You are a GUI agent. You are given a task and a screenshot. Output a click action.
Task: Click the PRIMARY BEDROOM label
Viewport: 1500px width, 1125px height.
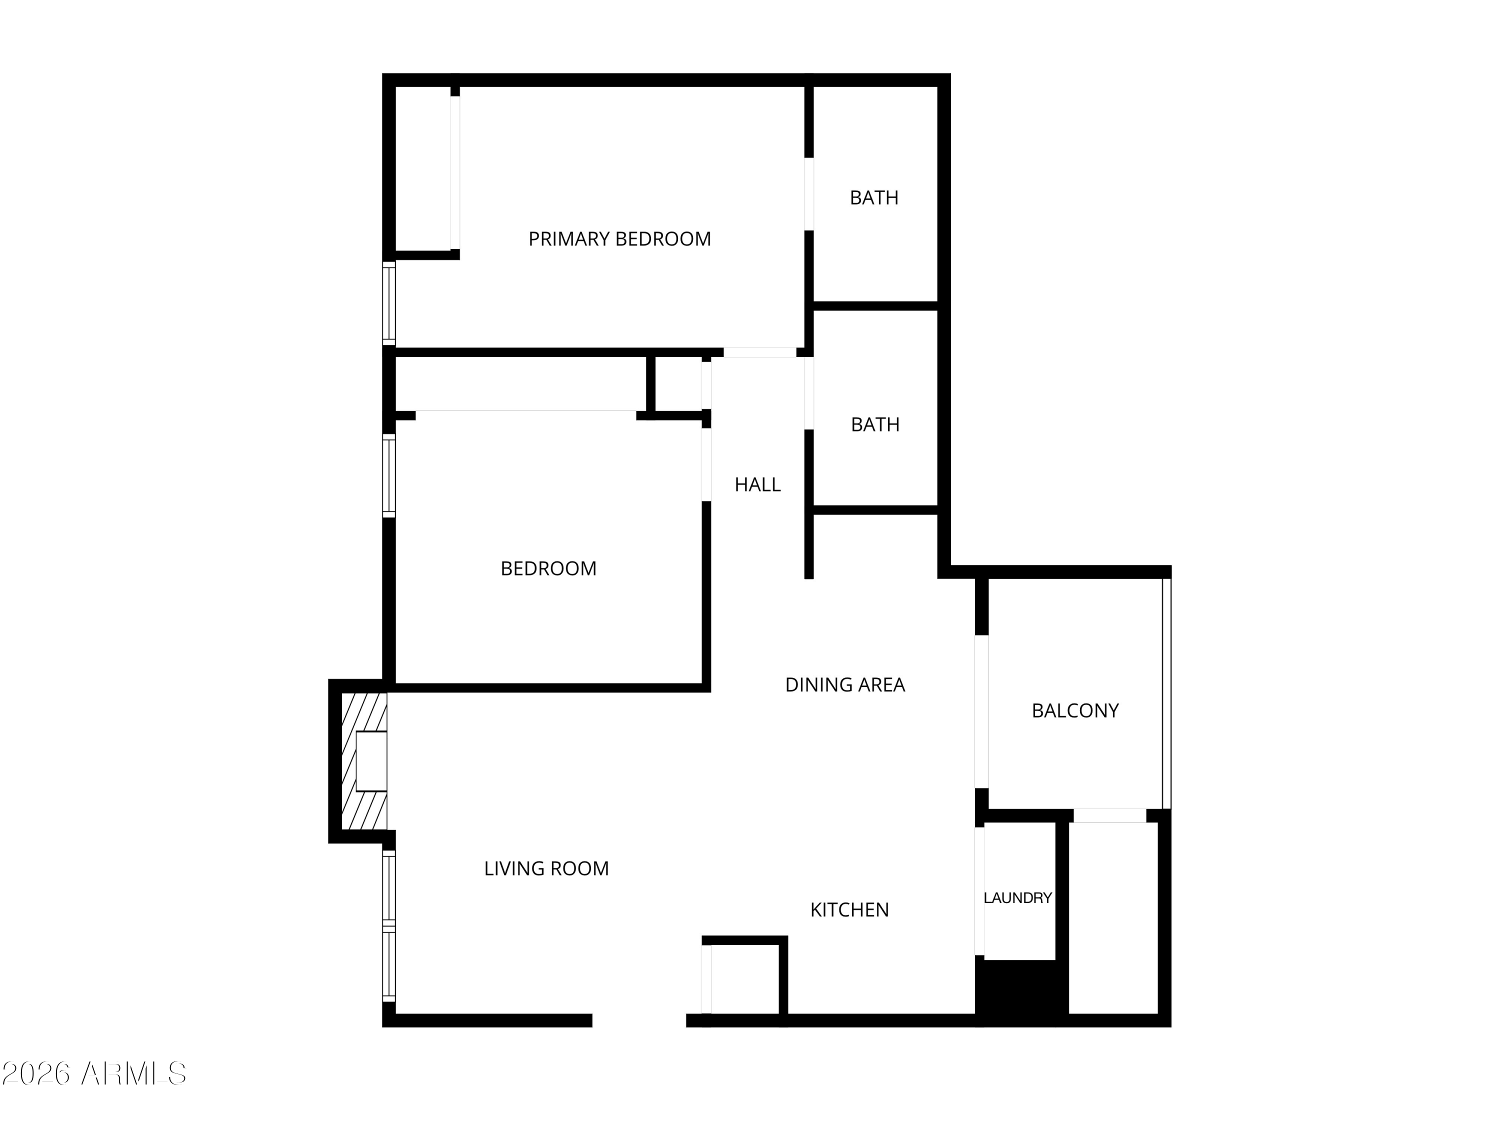tap(619, 238)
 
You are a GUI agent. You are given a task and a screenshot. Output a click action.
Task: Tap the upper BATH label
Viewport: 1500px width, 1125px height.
tap(874, 198)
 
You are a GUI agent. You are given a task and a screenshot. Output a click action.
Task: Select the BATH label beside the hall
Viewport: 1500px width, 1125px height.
tap(875, 424)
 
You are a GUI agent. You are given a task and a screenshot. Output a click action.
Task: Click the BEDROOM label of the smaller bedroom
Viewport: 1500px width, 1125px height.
tap(548, 568)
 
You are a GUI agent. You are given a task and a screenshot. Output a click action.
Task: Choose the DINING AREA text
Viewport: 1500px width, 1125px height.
tap(845, 685)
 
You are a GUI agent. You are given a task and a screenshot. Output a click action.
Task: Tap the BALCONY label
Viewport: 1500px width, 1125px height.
tap(1075, 710)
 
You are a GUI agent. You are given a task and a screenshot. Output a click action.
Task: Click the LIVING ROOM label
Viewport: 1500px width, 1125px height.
tap(546, 868)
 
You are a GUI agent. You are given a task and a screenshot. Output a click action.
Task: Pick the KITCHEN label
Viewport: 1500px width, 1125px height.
tap(849, 910)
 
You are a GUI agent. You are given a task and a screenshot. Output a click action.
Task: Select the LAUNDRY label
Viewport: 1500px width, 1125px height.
tap(1017, 898)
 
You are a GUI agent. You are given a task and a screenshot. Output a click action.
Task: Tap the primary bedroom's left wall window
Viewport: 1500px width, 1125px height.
tap(388, 302)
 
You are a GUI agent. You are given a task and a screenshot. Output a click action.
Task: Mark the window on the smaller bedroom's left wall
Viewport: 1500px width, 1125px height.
tap(388, 475)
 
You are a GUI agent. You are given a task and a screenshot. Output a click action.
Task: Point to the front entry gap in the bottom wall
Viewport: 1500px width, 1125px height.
tap(639, 1020)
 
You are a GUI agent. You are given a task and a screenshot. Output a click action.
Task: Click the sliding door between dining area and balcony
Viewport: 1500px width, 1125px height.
tap(981, 712)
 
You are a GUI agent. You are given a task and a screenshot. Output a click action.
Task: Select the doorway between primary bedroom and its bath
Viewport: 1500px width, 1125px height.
tap(808, 194)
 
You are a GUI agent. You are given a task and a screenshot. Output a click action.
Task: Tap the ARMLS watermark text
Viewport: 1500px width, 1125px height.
tap(94, 1073)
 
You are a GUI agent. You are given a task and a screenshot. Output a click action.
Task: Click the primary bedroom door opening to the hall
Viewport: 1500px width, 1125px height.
tap(759, 352)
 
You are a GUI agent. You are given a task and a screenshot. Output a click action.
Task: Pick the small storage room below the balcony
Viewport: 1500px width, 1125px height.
tap(1113, 919)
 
